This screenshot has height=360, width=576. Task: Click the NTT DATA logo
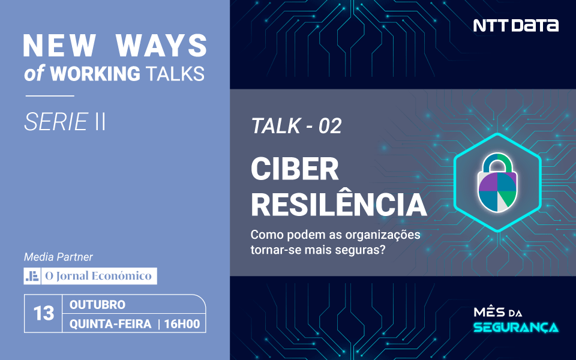point(516,25)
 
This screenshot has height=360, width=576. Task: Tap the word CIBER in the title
point(295,169)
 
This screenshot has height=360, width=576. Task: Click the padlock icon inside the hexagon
point(497,182)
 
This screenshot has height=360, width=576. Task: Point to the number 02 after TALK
point(330,126)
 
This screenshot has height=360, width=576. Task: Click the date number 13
point(44,313)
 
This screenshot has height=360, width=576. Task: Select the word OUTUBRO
point(97,305)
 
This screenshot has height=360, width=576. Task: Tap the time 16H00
point(182,323)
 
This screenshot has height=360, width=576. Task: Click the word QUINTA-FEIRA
point(110,323)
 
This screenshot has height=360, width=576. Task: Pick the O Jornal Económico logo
point(91,276)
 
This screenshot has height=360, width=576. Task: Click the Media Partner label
point(58,257)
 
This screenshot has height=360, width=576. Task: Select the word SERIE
point(56,122)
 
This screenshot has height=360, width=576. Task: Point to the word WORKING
point(95,73)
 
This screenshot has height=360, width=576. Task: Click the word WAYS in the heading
point(161,46)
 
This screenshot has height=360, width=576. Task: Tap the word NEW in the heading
point(59,46)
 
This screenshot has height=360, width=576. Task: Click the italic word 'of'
point(34,73)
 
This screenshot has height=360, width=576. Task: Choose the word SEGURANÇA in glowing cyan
point(516,327)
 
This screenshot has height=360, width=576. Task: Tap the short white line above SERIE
point(50,96)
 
